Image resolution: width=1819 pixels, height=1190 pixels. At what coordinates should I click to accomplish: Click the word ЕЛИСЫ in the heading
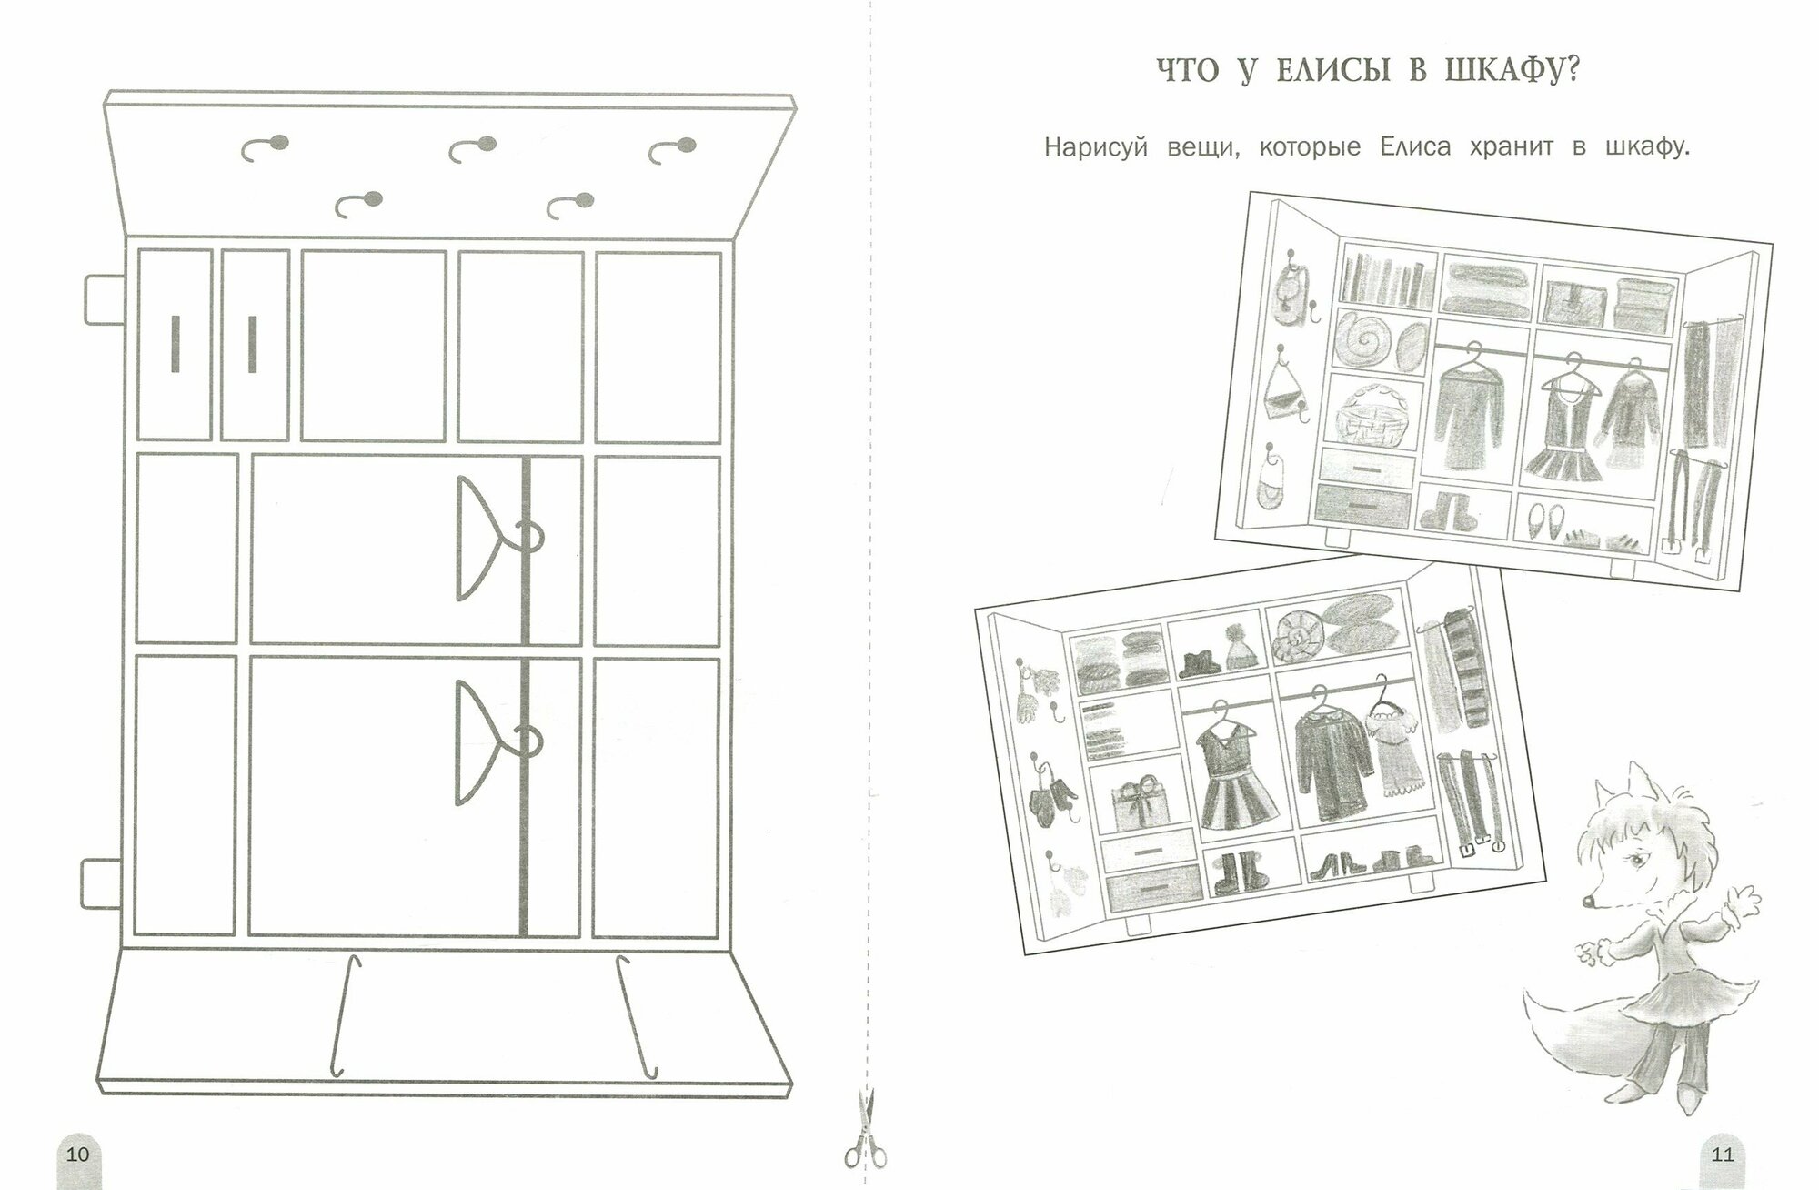pos(1318,71)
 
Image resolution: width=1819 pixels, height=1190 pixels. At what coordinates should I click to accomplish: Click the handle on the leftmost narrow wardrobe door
pos(174,344)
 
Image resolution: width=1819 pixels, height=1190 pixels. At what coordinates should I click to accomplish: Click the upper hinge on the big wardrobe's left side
pos(103,299)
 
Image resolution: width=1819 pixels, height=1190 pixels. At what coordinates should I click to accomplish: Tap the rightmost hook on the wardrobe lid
pos(673,148)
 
